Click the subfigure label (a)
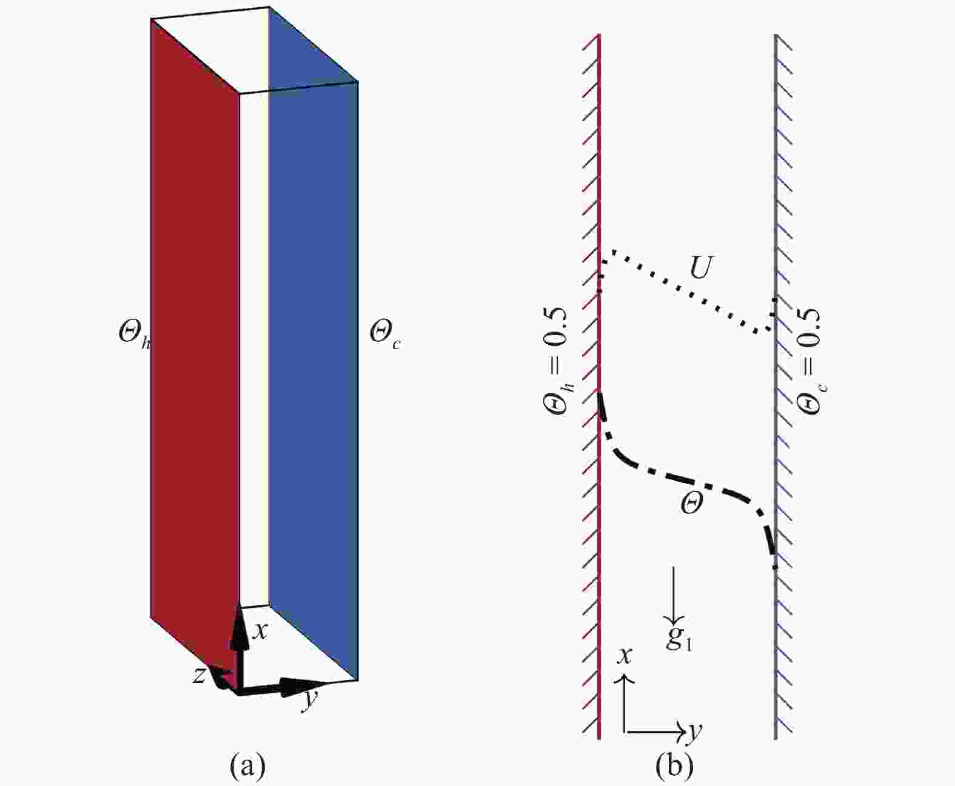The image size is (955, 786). point(247,766)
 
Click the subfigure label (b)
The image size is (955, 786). point(674,766)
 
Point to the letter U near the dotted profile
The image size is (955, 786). point(701,267)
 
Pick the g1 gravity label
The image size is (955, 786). point(679,639)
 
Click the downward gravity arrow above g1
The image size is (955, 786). point(673,595)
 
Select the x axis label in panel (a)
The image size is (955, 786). point(260,631)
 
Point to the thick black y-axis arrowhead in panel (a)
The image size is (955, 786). point(303,687)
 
